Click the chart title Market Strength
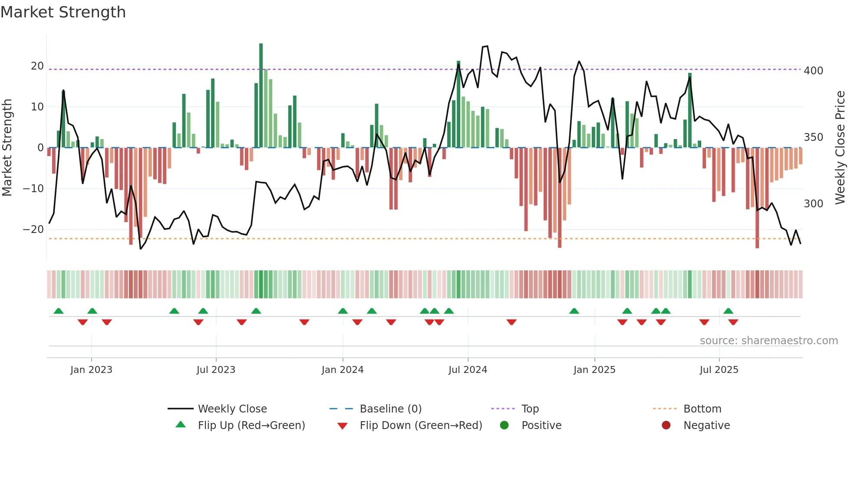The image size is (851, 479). [63, 12]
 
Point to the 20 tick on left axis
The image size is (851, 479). [37, 66]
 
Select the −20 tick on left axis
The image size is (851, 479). [34, 230]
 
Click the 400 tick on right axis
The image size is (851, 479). [813, 71]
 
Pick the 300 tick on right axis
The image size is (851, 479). [813, 204]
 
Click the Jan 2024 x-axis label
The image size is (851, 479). [343, 370]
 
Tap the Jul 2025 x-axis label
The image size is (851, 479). [719, 370]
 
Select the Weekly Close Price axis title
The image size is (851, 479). [840, 148]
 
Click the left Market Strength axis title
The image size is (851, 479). [7, 148]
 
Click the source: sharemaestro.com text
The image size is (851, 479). [769, 341]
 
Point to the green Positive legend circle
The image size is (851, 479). [504, 426]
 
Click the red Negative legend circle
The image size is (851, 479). [666, 426]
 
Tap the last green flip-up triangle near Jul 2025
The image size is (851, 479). [729, 311]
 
